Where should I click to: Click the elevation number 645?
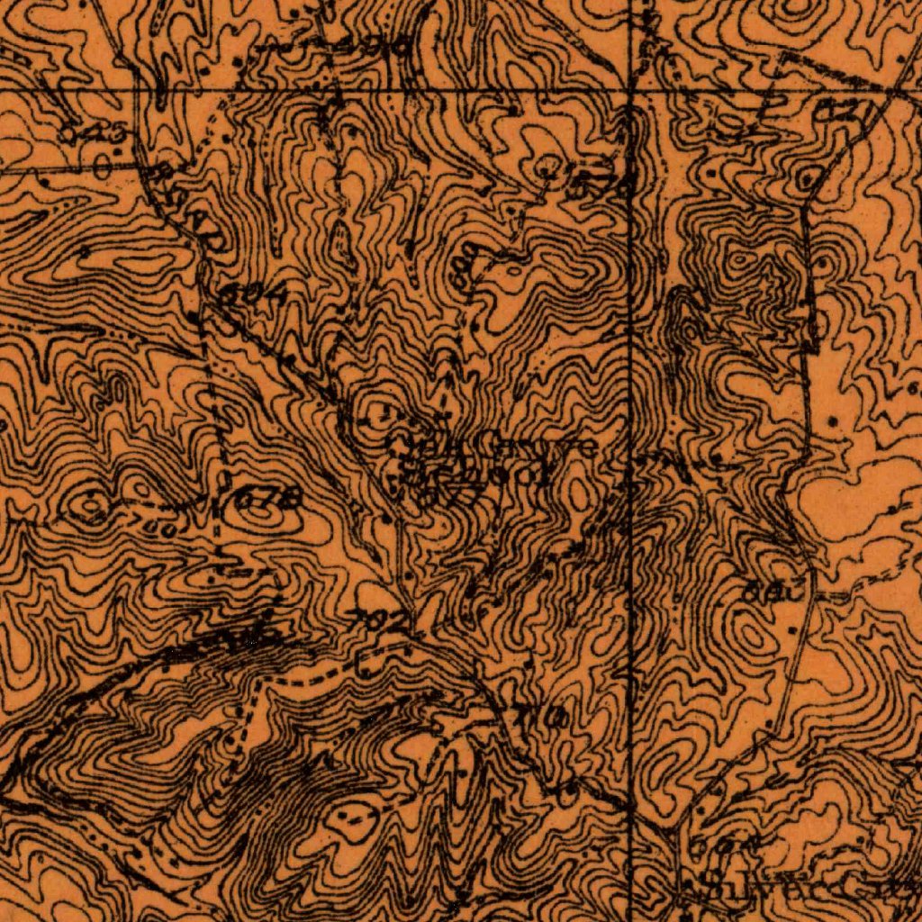click(x=81, y=134)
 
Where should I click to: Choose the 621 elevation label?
click(x=845, y=113)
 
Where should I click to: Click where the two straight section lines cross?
click(x=632, y=91)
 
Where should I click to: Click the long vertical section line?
click(x=632, y=540)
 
